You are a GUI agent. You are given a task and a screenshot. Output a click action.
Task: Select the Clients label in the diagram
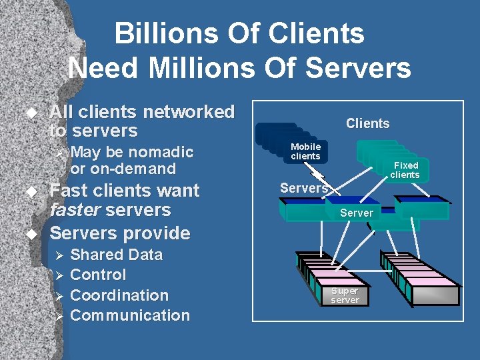pyautogui.click(x=367, y=123)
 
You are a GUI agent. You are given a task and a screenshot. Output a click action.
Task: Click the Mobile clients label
pyautogui.click(x=305, y=151)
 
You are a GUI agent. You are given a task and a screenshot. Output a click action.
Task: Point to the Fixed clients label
pyautogui.click(x=405, y=170)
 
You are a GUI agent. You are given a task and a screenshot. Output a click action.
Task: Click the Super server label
pyautogui.click(x=345, y=295)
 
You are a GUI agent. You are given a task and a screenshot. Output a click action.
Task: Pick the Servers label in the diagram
pyautogui.click(x=303, y=188)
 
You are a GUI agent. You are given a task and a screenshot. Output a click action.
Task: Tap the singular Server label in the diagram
pyautogui.click(x=357, y=213)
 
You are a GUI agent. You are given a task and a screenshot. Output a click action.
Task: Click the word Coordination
pyautogui.click(x=119, y=295)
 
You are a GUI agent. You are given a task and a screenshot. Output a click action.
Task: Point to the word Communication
pyautogui.click(x=129, y=315)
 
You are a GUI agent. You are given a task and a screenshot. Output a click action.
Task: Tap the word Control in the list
pyautogui.click(x=97, y=275)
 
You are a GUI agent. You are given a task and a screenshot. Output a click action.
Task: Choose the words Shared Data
pyautogui.click(x=116, y=255)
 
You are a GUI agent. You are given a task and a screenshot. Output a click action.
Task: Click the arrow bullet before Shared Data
pyautogui.click(x=58, y=255)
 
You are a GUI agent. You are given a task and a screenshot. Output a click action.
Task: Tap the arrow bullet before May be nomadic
pyautogui.click(x=58, y=153)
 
